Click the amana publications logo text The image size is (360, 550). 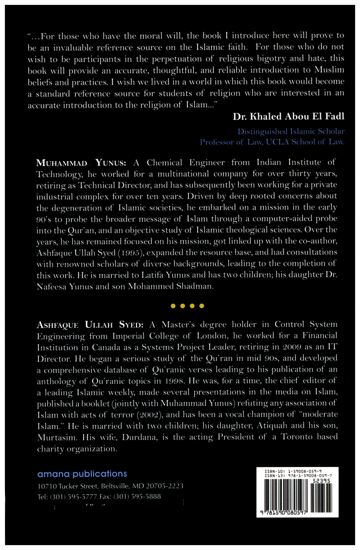tap(82, 474)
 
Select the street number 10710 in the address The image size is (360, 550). tap(48, 487)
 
